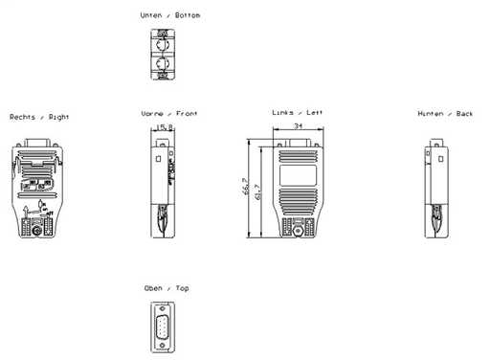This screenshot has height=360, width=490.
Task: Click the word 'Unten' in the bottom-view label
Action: coord(150,16)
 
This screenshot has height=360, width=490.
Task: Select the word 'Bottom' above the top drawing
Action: coord(189,16)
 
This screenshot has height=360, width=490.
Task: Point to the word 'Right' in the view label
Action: coord(58,117)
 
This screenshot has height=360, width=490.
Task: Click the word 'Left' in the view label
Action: coord(315,112)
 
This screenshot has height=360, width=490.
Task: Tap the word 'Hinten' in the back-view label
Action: coord(431,114)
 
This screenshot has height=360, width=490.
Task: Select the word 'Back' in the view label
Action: coord(464,114)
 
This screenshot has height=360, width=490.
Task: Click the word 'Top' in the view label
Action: coord(183,288)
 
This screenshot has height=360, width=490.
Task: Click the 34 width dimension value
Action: coord(299,125)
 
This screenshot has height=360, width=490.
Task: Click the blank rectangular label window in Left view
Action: coord(299,174)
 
